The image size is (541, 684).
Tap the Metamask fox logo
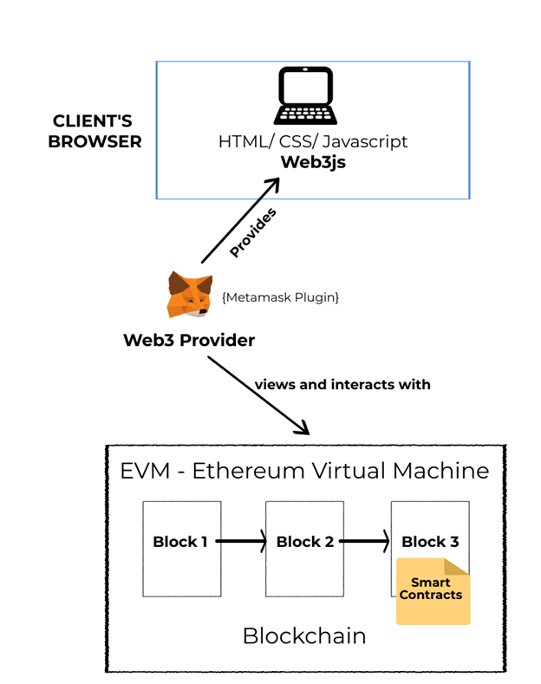click(x=189, y=295)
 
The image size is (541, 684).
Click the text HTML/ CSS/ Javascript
click(x=312, y=140)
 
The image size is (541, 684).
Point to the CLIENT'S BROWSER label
click(x=95, y=131)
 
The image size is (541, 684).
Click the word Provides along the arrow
click(x=252, y=231)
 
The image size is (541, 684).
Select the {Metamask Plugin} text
click(x=280, y=297)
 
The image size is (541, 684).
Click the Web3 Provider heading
click(x=189, y=340)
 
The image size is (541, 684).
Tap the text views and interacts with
click(x=342, y=384)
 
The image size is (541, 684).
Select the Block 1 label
click(x=179, y=542)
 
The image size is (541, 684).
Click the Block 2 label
click(x=304, y=542)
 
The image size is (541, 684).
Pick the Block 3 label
click(x=430, y=542)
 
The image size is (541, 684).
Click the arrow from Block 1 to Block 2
click(x=240, y=542)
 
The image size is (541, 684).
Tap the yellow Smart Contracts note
click(x=433, y=591)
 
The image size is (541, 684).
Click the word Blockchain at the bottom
click(x=303, y=635)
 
